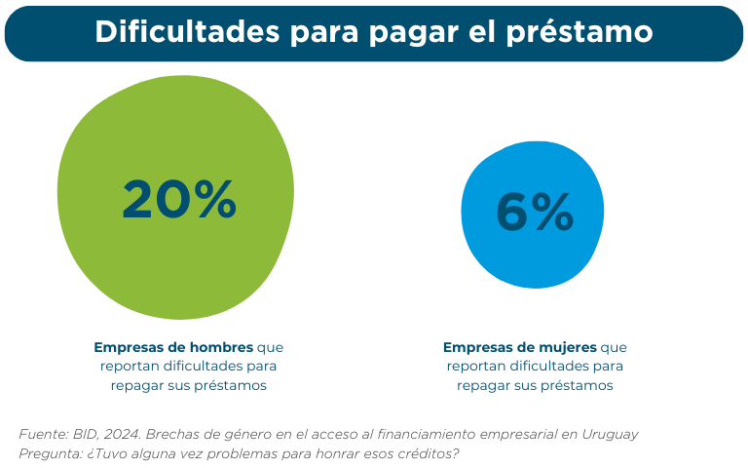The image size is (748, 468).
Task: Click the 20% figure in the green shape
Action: (x=179, y=200)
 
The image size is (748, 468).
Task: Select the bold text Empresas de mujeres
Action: (x=520, y=347)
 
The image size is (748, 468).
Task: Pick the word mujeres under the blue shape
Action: (x=569, y=347)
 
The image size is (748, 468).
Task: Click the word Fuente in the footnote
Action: (x=42, y=435)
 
